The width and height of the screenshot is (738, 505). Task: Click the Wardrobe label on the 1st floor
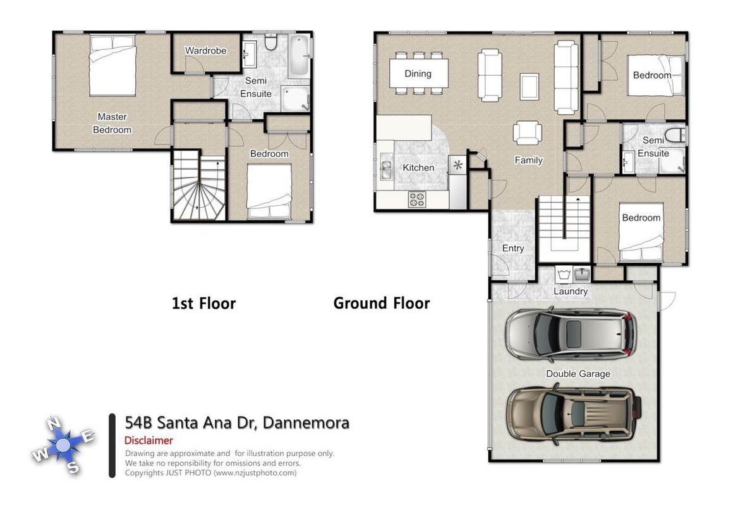pos(205,50)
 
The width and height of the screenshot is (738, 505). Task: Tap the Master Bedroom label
pos(112,123)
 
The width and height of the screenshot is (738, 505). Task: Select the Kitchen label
pos(418,167)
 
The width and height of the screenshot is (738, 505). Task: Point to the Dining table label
pos(418,73)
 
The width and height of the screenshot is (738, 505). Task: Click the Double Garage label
pos(578,374)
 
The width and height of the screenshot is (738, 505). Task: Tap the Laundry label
pos(571,291)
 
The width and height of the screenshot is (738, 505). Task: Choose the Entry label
pos(513,248)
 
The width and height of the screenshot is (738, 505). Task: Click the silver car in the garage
pos(571,335)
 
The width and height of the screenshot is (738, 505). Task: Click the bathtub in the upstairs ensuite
pos(299,56)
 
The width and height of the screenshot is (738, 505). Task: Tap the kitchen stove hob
pos(416,199)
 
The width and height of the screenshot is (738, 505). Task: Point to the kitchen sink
pos(386,169)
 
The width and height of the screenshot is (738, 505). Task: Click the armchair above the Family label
pos(527,133)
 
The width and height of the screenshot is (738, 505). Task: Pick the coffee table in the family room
pos(529,86)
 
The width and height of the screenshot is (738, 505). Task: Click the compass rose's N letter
pos(54,423)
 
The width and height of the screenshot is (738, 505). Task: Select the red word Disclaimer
pos(148,441)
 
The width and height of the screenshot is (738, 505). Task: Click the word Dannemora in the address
pos(306,423)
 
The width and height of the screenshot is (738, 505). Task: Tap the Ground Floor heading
pos(382,303)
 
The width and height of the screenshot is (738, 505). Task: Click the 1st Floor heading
pos(204,303)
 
